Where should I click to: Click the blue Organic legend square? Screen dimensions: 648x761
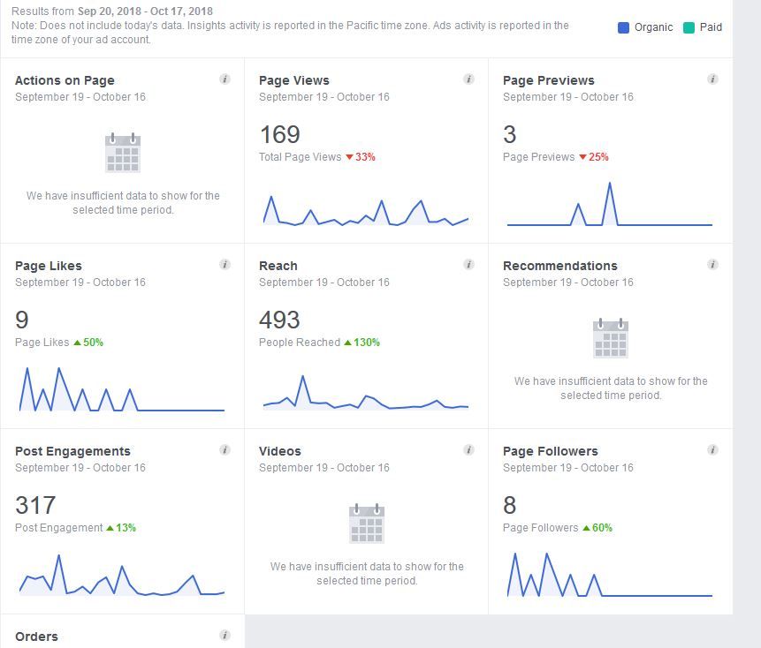(623, 27)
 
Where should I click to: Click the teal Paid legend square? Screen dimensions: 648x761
(689, 27)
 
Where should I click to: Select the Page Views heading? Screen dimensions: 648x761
(293, 80)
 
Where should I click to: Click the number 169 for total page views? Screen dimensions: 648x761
(279, 134)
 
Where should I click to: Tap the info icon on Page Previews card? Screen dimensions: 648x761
(712, 79)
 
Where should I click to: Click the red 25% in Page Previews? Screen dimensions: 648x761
(598, 157)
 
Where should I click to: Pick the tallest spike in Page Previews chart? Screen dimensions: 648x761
(609, 184)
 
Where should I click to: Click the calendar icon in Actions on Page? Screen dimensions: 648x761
(123, 153)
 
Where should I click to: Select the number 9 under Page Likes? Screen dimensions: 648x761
(22, 320)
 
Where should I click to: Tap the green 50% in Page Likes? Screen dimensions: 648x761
(93, 343)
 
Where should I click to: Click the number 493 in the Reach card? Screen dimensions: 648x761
(279, 320)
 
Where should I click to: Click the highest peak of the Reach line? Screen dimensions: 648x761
(303, 377)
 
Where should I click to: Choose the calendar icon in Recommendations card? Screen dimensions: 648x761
(611, 338)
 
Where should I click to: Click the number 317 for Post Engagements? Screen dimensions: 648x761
(35, 505)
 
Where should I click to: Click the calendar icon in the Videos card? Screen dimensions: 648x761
(367, 524)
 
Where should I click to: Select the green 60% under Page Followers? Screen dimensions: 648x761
(602, 528)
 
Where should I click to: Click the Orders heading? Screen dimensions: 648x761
(36, 637)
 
